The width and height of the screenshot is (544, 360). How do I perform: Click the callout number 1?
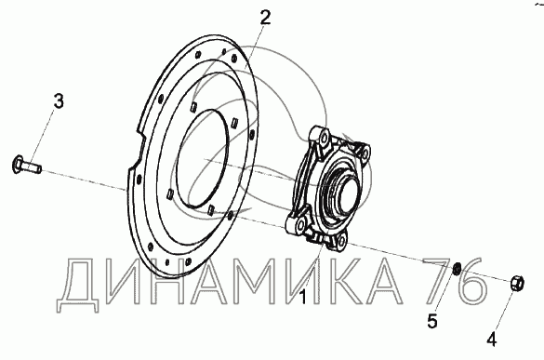[303, 297]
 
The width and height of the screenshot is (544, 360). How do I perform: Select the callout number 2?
[264, 18]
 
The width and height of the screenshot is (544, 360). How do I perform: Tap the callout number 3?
[59, 101]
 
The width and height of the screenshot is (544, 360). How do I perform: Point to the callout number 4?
[491, 339]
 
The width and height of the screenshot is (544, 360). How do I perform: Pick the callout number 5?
[432, 321]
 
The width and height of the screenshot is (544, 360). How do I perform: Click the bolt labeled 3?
[26, 166]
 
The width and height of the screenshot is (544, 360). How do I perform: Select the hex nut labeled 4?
[517, 283]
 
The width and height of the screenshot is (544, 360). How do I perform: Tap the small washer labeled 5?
[458, 268]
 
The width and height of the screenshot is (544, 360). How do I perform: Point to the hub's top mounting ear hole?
[325, 139]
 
